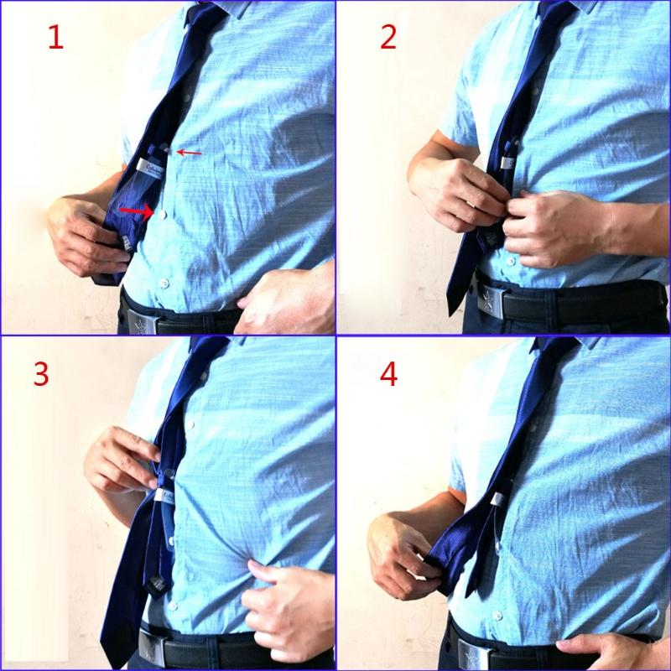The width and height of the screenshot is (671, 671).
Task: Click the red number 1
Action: tap(55, 37)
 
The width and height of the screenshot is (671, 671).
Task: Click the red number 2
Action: tap(388, 37)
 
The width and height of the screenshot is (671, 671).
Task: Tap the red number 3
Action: tap(41, 374)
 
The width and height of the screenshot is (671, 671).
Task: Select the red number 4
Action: tap(388, 374)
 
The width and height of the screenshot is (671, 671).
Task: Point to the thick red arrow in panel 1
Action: tap(134, 208)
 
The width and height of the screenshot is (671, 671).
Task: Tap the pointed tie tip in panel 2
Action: tap(454, 308)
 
